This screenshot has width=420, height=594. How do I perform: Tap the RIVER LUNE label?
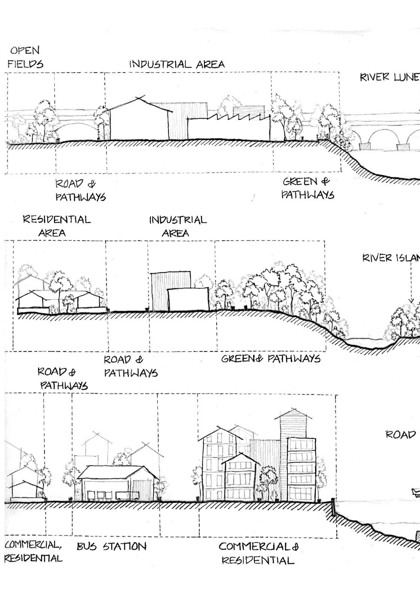click(x=389, y=77)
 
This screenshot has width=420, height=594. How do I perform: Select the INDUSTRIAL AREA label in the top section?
click(x=177, y=64)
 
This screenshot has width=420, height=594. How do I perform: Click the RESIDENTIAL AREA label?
click(x=56, y=226)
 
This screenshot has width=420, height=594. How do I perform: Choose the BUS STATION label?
click(x=111, y=546)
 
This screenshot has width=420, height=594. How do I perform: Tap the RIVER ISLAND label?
click(x=391, y=258)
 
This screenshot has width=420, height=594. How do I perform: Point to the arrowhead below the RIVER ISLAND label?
click(x=411, y=300)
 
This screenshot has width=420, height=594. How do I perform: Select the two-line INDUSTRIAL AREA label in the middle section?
click(x=177, y=226)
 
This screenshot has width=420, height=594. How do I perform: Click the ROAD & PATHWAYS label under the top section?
click(x=80, y=190)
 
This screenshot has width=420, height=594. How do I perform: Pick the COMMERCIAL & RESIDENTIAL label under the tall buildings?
click(x=258, y=553)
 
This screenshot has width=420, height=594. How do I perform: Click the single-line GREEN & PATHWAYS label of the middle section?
click(x=271, y=359)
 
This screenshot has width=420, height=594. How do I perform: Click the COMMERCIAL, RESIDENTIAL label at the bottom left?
click(x=33, y=551)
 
